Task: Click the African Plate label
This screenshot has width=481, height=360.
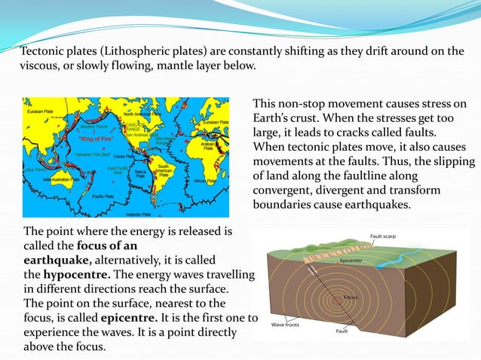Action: [x=225, y=181]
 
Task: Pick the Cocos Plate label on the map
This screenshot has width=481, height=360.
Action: [x=140, y=157]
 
